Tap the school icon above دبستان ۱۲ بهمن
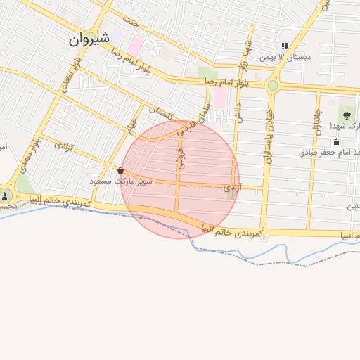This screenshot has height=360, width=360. tap(285, 46)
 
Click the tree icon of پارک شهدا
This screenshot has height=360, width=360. tap(346, 115)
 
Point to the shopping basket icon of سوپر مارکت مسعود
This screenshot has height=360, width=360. tap(121, 170)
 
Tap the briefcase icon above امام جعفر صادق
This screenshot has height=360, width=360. tap(336, 143)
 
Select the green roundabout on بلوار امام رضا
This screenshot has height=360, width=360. tap(272, 86)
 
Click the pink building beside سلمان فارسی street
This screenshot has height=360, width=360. tap(220, 97)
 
